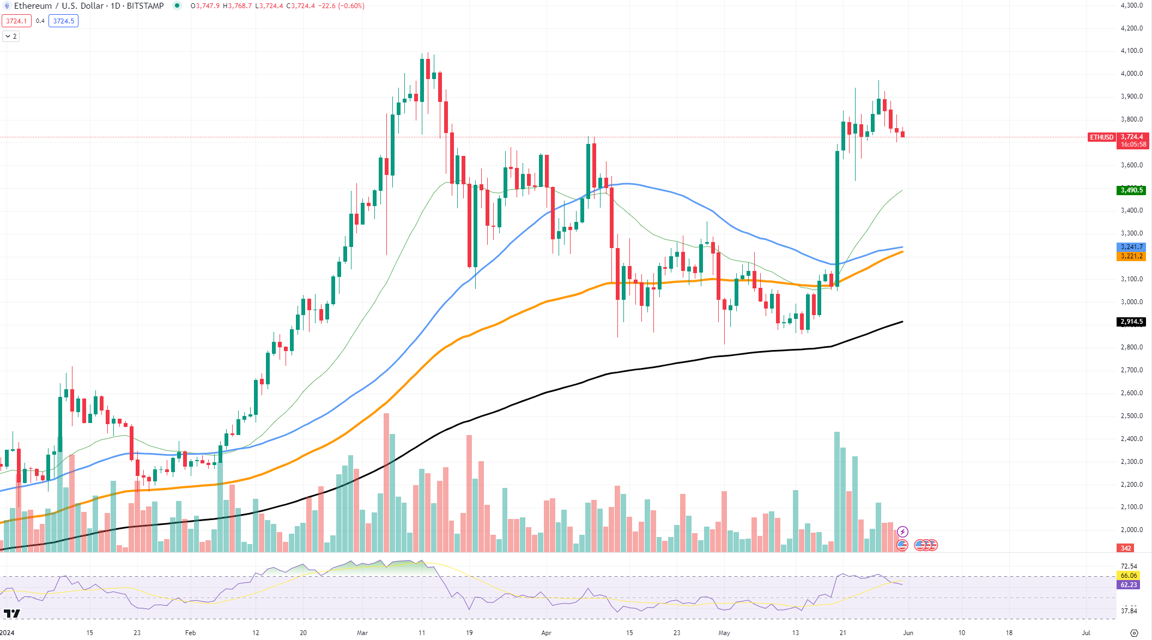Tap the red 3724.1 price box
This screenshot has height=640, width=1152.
coord(16,21)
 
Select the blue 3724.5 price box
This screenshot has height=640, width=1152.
coord(63,21)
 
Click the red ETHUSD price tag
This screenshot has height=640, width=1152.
coord(1101,137)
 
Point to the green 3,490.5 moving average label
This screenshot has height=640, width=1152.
coord(1131,190)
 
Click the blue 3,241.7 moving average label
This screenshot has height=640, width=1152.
coord(1131,247)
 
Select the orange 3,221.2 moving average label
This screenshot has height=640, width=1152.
coord(1131,256)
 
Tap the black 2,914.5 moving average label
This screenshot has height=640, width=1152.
coord(1131,322)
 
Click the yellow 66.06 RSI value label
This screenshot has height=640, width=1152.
coord(1129,576)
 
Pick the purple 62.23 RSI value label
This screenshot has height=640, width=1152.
coord(1129,585)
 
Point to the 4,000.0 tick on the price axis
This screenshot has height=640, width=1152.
coord(1131,74)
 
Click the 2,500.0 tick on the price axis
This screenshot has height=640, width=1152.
coord(1131,416)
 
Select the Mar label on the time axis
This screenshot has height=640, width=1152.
coord(362,633)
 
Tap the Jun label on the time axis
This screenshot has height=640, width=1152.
coord(908,633)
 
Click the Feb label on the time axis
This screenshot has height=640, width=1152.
coord(190,633)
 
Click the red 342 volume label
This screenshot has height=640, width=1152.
coord(1126,548)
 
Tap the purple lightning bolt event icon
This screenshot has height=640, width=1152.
coord(903,532)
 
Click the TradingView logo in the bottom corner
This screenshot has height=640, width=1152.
coord(11,613)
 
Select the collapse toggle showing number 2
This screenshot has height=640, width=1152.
coord(11,37)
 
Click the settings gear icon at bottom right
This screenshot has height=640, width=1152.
coord(1134,633)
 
